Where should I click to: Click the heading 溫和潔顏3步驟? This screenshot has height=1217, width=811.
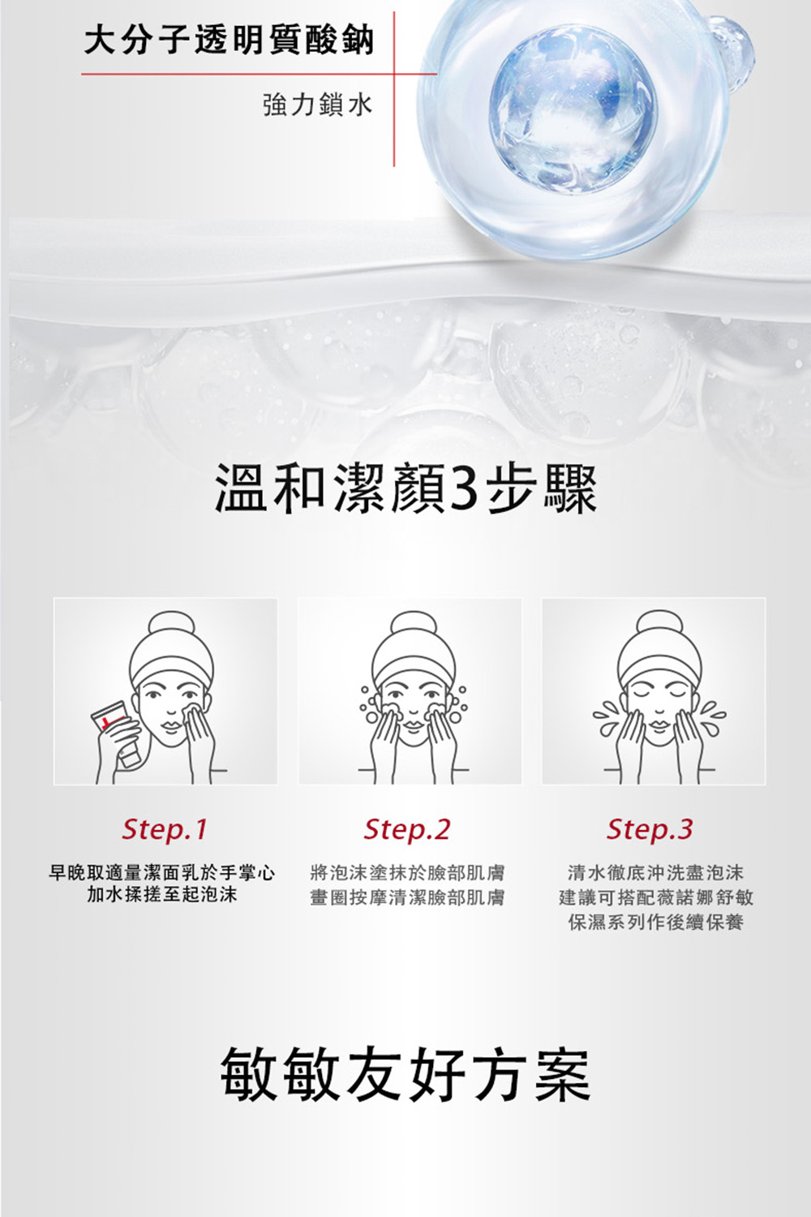pyautogui.click(x=405, y=490)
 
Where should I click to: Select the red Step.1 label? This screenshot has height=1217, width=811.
pyautogui.click(x=164, y=830)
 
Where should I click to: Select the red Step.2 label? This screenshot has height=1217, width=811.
pyautogui.click(x=407, y=830)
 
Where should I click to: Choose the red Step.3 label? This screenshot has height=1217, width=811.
pyautogui.click(x=650, y=830)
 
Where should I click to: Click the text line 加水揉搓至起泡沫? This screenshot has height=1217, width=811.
pyautogui.click(x=162, y=894)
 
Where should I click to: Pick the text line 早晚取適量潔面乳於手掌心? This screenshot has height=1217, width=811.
pyautogui.click(x=162, y=872)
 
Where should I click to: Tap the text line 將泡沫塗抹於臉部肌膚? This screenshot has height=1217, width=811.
pyautogui.click(x=407, y=872)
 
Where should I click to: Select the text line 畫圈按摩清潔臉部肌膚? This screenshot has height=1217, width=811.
pyautogui.click(x=407, y=897)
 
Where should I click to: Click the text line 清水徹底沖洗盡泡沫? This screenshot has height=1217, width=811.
pyautogui.click(x=655, y=872)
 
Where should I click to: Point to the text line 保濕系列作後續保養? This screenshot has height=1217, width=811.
pyautogui.click(x=655, y=922)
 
